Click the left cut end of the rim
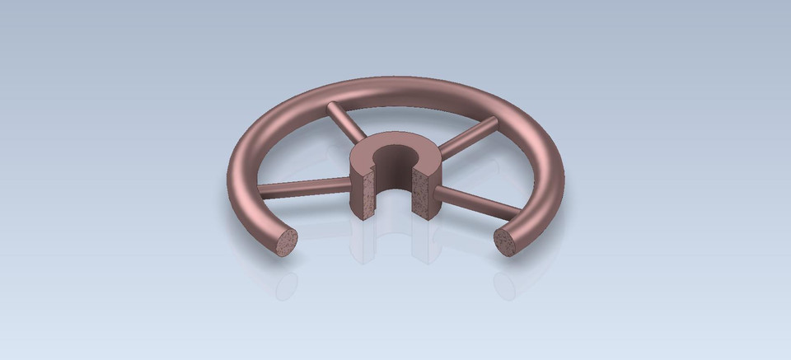click(x=288, y=242)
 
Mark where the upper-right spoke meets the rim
click(x=493, y=122)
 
